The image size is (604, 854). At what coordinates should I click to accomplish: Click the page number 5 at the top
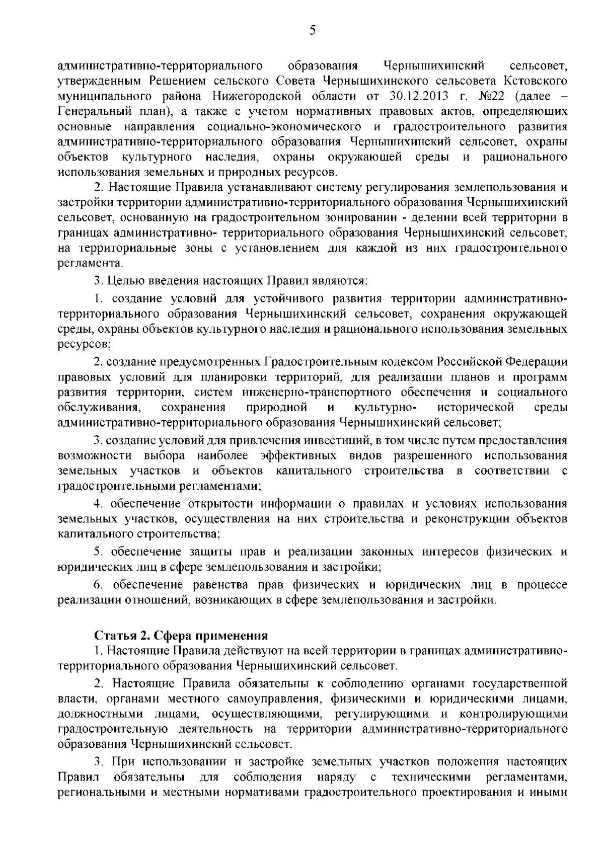[x=312, y=31]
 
